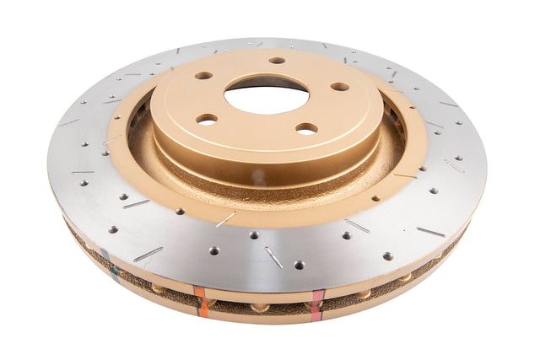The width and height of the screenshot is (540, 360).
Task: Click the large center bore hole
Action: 267,94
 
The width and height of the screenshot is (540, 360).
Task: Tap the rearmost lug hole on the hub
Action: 277,60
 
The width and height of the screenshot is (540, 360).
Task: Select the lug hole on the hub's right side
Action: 339,86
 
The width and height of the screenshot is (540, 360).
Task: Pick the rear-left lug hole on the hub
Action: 203,75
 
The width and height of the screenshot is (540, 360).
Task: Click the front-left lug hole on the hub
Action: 207,119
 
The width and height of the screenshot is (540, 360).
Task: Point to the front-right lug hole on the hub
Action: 306,129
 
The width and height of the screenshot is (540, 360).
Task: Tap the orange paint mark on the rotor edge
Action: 200,300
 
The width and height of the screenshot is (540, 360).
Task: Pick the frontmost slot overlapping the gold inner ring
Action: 225,219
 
